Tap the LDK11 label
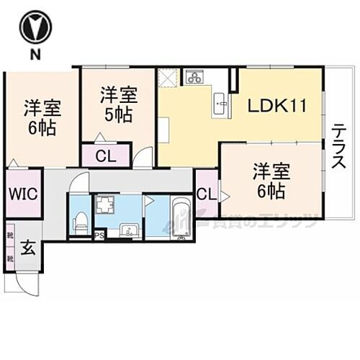[277, 106]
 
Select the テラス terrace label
[338, 147]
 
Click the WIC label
[22, 194]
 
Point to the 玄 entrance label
[27, 248]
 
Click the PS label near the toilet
[99, 234]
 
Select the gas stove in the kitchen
[194, 76]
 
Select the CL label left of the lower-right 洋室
[205, 194]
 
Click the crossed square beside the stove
[168, 76]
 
